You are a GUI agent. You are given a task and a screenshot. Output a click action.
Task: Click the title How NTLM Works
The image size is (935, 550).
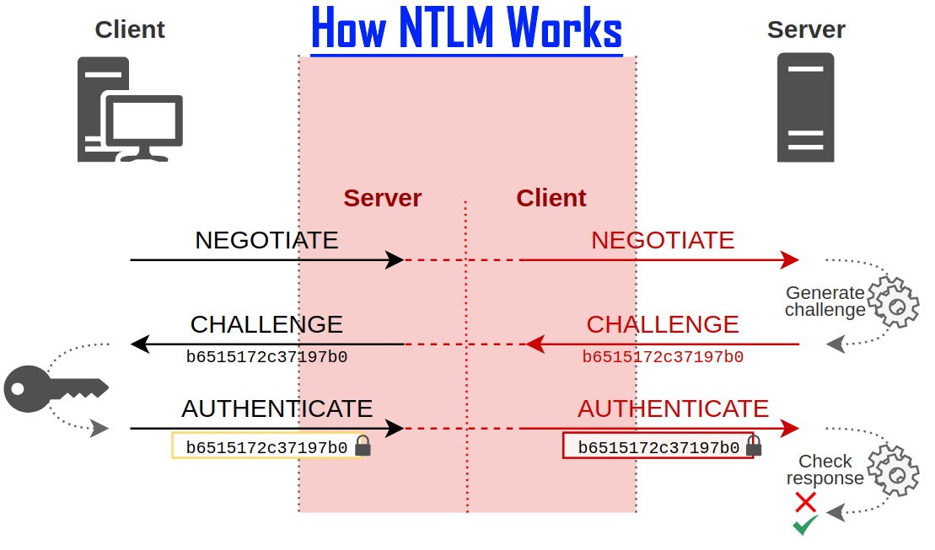(x=466, y=29)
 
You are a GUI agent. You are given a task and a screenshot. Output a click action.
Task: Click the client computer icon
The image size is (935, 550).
(x=130, y=109)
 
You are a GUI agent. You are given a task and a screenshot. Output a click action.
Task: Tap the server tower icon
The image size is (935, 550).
(x=805, y=107)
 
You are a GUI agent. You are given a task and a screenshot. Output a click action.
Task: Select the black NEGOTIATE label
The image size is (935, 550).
(x=266, y=240)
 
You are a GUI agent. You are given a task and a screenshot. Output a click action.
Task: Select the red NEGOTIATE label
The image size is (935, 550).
(x=663, y=240)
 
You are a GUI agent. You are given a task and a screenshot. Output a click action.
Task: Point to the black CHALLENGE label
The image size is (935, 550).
(x=266, y=324)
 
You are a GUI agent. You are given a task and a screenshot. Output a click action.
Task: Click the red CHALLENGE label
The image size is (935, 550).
(x=663, y=324)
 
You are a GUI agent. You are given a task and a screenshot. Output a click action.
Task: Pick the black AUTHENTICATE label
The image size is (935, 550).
(x=277, y=408)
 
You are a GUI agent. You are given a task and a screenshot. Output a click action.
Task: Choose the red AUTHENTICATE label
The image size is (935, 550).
(x=673, y=408)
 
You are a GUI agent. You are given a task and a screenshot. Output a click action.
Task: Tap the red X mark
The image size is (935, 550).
(x=805, y=503)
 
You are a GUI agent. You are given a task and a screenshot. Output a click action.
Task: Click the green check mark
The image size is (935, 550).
(x=805, y=526)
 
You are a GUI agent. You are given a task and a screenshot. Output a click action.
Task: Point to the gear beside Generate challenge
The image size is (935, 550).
(x=893, y=302)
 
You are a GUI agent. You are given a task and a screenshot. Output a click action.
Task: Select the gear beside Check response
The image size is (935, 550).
(x=893, y=472)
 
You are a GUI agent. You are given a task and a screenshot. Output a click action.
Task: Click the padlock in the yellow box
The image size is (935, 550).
(x=363, y=446)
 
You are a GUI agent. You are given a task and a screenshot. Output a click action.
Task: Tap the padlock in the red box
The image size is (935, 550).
(x=754, y=446)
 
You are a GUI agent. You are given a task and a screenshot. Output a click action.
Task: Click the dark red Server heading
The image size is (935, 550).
(x=382, y=198)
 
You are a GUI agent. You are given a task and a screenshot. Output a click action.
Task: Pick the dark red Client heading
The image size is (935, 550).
(x=551, y=198)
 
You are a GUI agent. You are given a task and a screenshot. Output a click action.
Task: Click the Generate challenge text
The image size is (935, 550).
(x=825, y=302)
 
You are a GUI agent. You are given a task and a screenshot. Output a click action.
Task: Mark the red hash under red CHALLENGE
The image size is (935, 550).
(x=663, y=357)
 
